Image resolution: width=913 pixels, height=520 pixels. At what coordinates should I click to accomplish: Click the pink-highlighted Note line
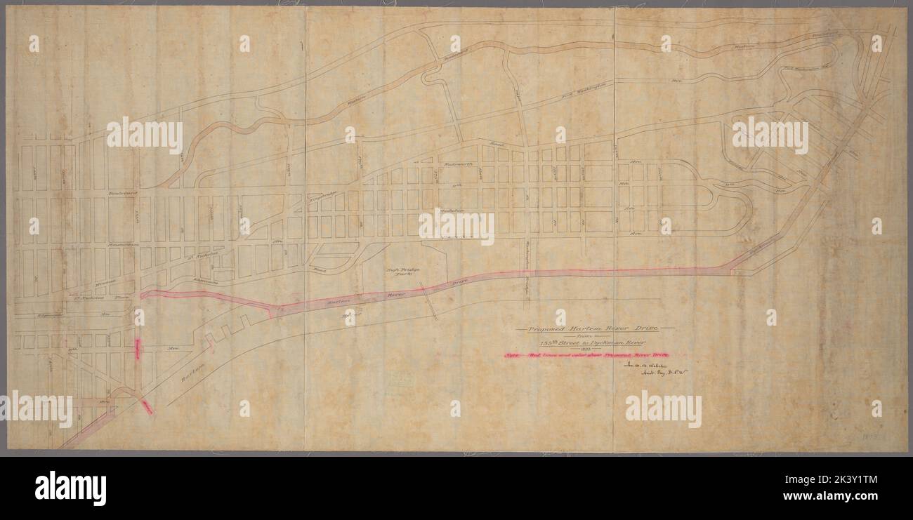click(586, 356)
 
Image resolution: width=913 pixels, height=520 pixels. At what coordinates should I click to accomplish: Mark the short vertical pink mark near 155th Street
click(137, 349)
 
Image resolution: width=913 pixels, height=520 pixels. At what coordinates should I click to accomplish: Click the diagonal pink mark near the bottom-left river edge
click(146, 406)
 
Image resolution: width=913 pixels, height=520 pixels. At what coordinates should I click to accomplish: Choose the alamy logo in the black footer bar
click(70, 488)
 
